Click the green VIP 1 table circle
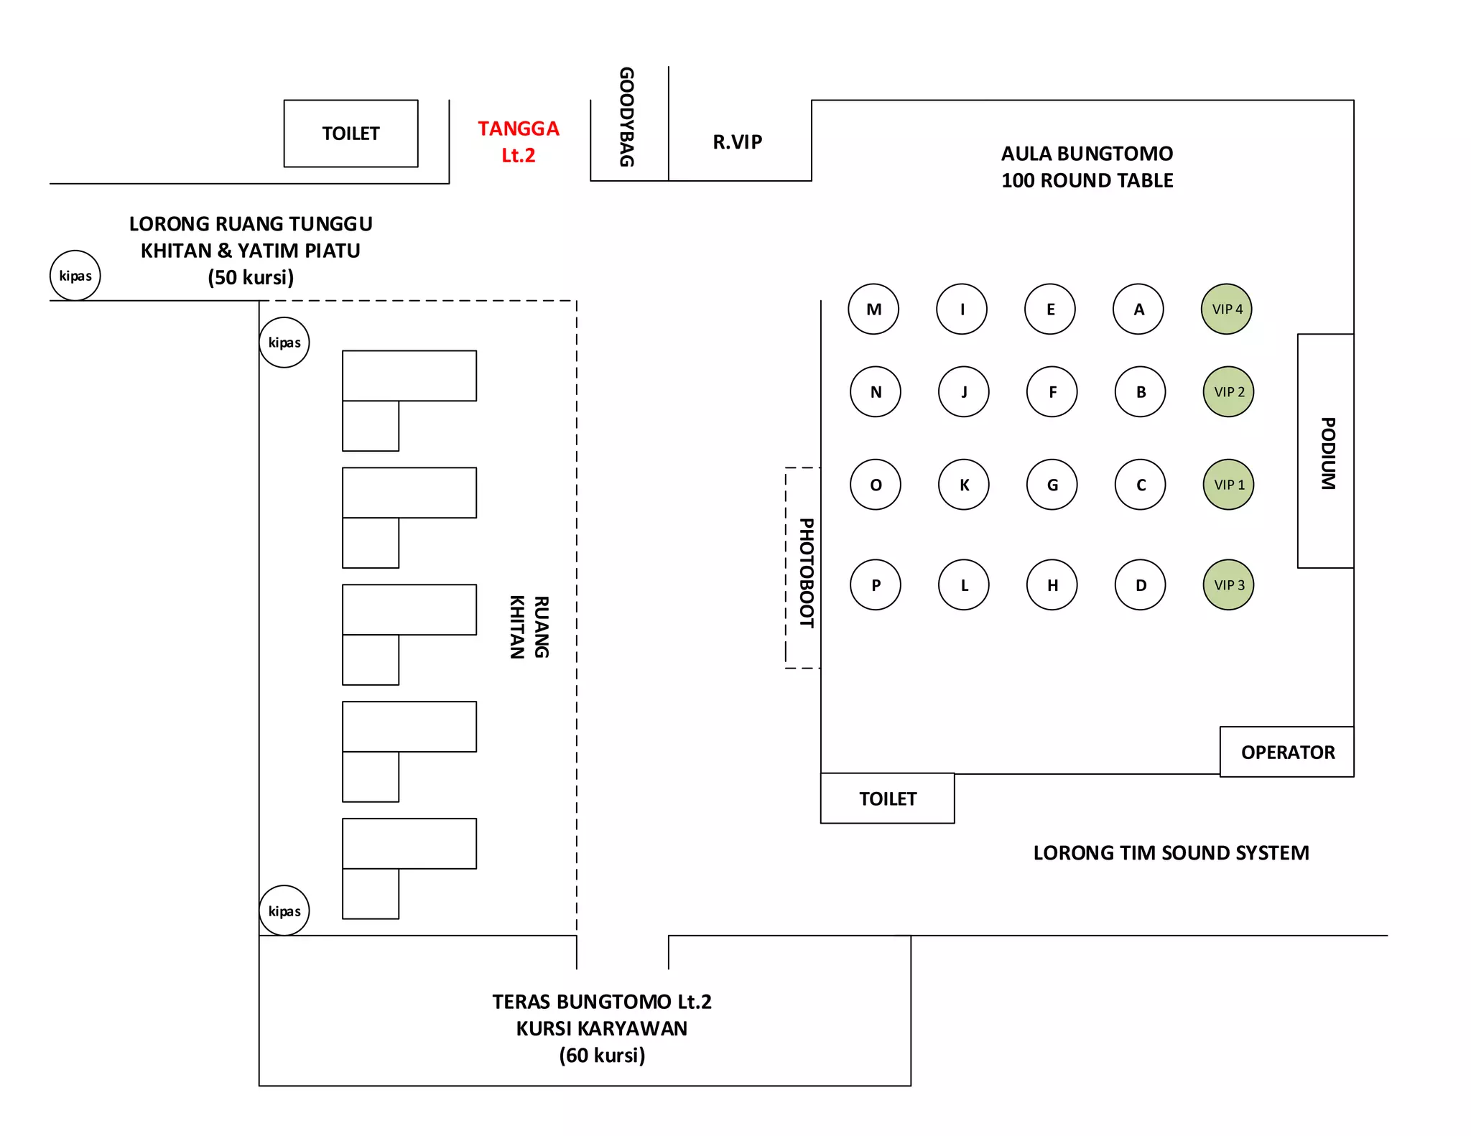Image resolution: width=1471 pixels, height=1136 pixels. [x=1228, y=485]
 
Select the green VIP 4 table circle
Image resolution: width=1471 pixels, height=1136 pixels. [x=1226, y=309]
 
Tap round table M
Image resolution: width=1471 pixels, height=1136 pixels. [x=873, y=309]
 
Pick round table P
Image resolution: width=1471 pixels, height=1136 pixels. [x=875, y=585]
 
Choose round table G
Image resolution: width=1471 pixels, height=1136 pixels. [x=1052, y=485]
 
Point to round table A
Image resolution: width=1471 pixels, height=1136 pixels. [x=1138, y=309]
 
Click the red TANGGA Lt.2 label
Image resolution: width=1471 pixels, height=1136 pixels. [x=518, y=141]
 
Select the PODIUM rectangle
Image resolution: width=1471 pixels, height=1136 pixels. [x=1326, y=451]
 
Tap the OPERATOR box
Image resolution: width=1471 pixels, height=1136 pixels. [x=1287, y=752]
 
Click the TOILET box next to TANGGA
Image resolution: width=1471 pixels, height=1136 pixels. [x=351, y=134]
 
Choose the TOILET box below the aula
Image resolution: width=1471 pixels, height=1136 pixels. [x=887, y=799]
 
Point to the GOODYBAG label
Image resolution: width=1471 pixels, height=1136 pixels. [x=627, y=117]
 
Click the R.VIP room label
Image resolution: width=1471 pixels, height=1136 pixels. [x=737, y=142]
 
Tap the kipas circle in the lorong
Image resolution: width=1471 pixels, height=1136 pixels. [x=75, y=276]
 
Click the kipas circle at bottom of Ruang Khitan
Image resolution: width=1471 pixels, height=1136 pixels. [x=284, y=911]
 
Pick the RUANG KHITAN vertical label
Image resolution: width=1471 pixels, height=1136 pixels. [x=529, y=627]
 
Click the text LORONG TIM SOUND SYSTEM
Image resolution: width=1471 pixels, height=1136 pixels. [x=1171, y=852]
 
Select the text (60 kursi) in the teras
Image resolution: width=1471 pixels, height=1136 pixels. [x=602, y=1055]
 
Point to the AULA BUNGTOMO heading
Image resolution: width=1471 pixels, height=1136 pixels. [x=1087, y=154]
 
